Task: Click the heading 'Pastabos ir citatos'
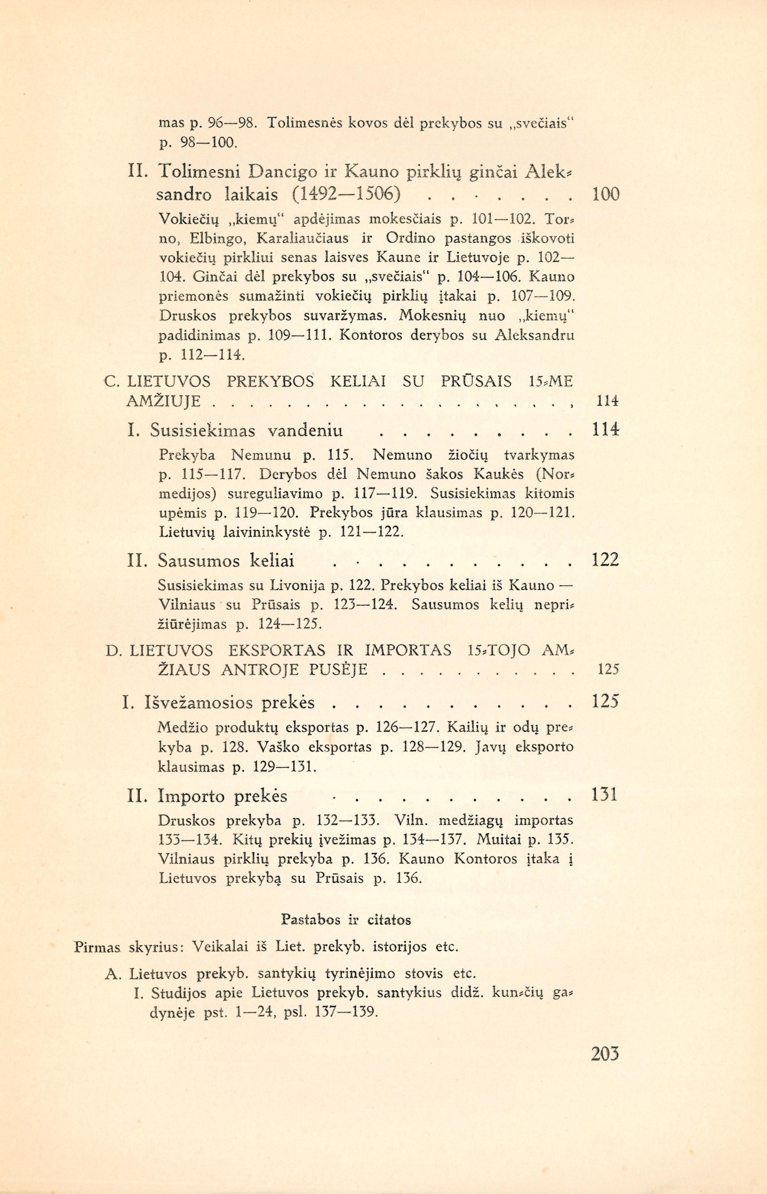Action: [346, 919]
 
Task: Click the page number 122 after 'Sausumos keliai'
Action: [605, 561]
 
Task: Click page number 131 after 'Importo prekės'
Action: [604, 794]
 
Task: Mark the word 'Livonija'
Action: [298, 585]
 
